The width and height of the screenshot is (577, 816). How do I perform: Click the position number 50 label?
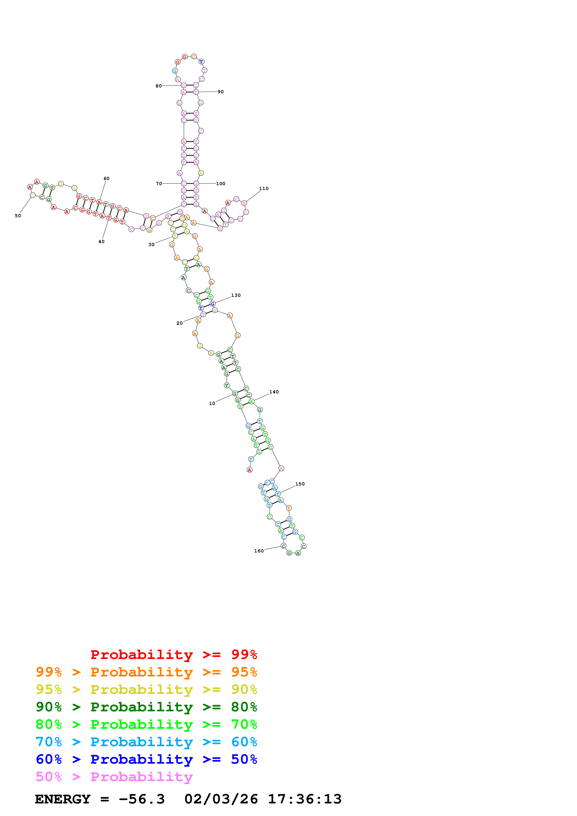tap(18, 216)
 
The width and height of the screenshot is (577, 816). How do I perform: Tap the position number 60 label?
tap(106, 178)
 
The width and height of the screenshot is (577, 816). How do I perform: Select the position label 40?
tap(101, 242)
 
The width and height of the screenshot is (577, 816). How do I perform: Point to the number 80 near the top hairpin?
tap(159, 86)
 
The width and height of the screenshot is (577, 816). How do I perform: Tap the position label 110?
tap(264, 189)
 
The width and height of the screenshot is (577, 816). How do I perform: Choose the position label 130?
tap(236, 295)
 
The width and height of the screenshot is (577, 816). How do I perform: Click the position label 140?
tap(274, 392)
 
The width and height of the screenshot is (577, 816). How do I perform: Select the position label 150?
tap(300, 484)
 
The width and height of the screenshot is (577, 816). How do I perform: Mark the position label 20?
tap(179, 323)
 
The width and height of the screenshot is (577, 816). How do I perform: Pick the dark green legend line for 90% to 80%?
tap(146, 707)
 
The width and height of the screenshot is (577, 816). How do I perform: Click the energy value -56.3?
tap(142, 799)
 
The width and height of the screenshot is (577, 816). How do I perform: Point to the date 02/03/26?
tap(221, 799)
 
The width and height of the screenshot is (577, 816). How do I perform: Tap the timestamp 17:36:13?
tap(305, 799)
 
